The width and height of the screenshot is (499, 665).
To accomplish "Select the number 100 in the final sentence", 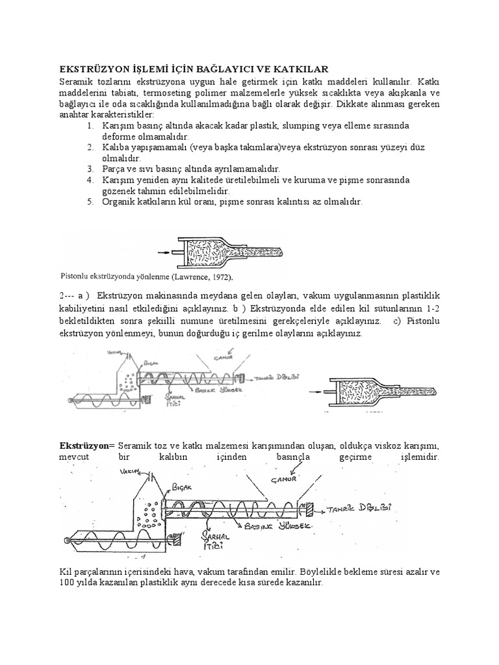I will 69,583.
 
